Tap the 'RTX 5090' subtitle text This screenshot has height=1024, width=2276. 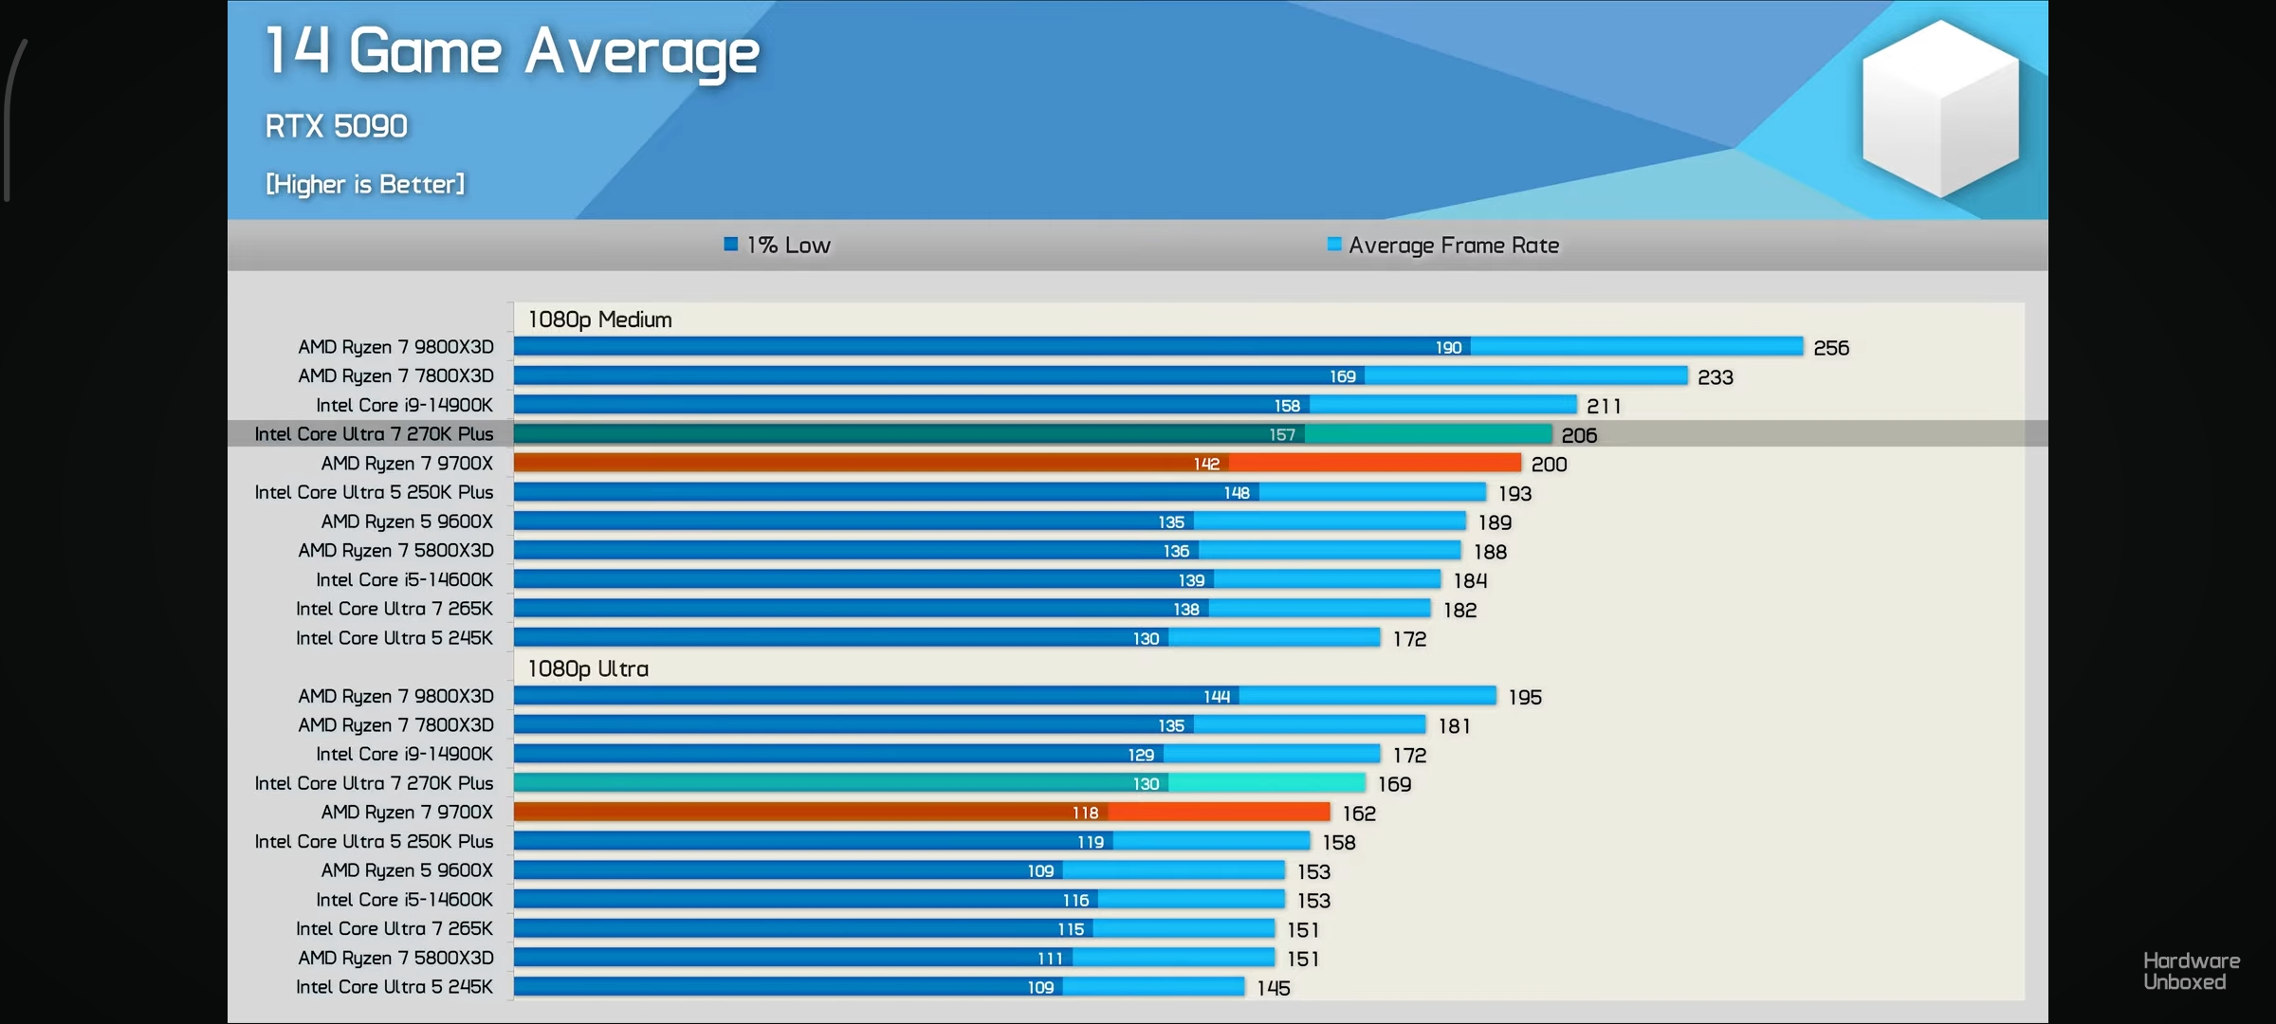[x=337, y=126]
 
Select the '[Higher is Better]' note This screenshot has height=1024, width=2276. [x=365, y=184]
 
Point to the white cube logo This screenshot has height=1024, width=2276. [x=1940, y=109]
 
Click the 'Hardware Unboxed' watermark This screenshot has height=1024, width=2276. [x=2191, y=972]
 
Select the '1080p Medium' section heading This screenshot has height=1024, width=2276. [x=599, y=320]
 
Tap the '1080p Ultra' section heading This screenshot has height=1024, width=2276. [x=588, y=668]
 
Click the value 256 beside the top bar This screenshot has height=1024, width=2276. [x=1831, y=348]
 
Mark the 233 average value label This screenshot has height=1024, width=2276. [x=1716, y=377]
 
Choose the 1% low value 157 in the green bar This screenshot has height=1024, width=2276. [x=1282, y=435]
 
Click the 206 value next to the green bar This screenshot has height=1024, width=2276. [x=1579, y=435]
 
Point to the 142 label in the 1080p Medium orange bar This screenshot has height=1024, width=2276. [x=1206, y=464]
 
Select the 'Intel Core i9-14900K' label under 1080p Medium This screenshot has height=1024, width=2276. [x=404, y=406]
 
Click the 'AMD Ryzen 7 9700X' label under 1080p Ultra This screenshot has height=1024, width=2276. [x=407, y=813]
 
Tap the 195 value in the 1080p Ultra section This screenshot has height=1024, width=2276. [x=1525, y=697]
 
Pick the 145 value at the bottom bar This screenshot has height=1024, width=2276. [x=1274, y=988]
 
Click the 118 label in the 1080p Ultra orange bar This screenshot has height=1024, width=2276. [x=1085, y=813]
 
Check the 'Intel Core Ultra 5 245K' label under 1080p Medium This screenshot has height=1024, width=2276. [x=395, y=638]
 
